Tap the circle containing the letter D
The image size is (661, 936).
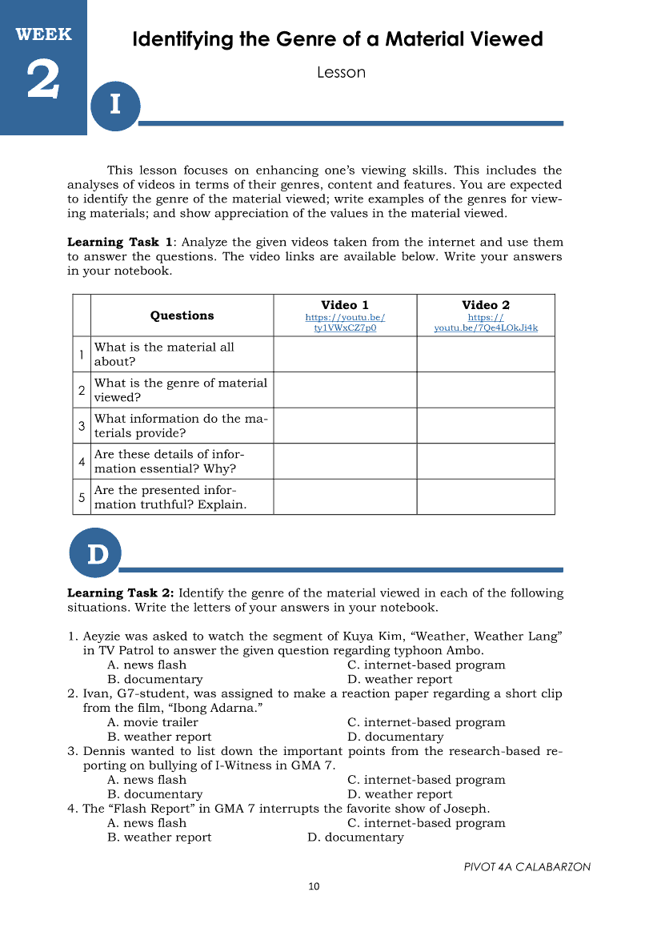coord(96,553)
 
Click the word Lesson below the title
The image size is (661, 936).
coord(341,72)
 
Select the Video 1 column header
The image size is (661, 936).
coord(345,305)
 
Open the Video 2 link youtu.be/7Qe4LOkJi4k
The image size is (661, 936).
coord(486,327)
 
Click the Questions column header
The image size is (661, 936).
coord(182,315)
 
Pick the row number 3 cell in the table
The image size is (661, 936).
coord(82,426)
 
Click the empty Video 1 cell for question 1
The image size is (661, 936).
coord(345,354)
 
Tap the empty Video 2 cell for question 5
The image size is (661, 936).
coord(486,497)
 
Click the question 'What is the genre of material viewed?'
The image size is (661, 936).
coord(181,390)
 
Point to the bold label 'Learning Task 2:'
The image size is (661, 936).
coord(120,593)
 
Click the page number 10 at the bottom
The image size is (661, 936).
coord(314,886)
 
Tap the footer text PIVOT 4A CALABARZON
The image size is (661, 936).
coord(527,867)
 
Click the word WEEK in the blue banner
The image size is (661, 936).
coord(43,34)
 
